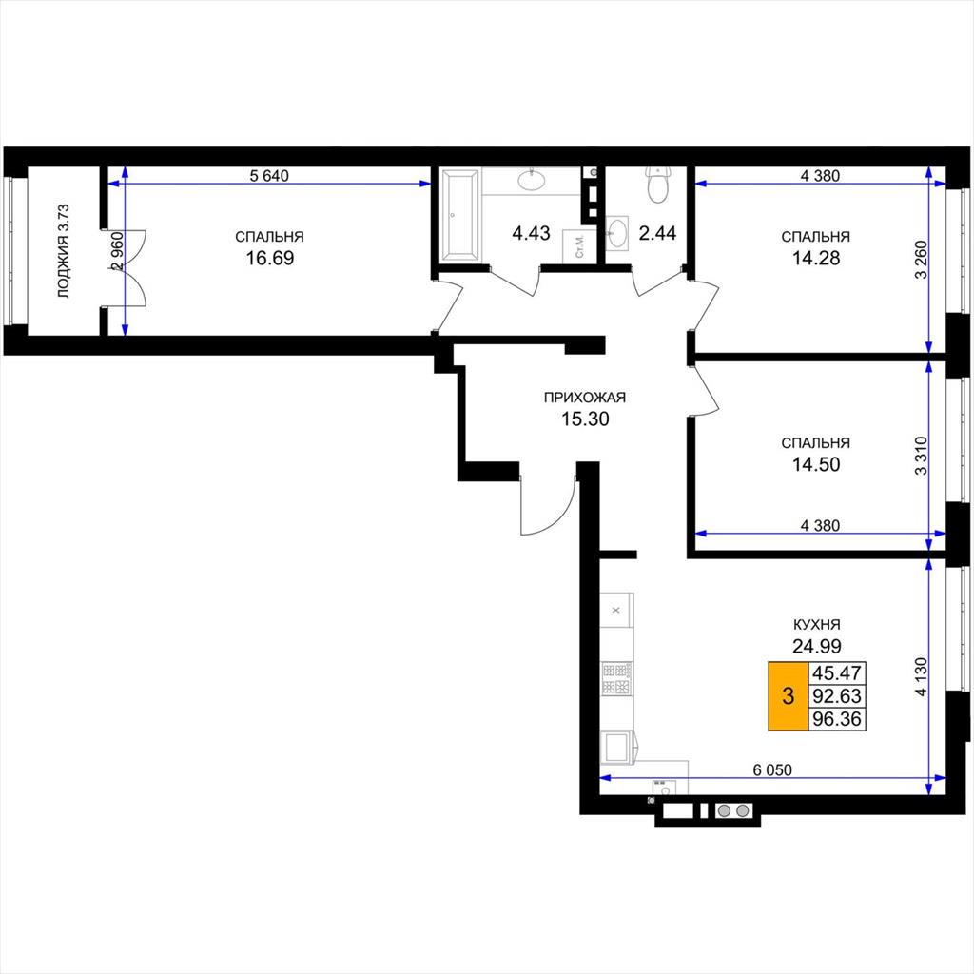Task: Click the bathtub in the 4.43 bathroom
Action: click(460, 214)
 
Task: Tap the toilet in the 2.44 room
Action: click(656, 185)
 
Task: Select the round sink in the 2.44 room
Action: click(616, 233)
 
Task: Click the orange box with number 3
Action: click(788, 695)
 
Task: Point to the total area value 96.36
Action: click(837, 719)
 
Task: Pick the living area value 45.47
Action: click(837, 672)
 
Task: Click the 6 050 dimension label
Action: click(772, 770)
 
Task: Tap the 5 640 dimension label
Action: click(269, 176)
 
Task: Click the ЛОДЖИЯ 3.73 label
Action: click(64, 251)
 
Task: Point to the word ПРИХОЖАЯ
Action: click(585, 398)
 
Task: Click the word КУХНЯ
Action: click(816, 625)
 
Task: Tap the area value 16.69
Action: click(269, 258)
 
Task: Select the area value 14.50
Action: click(816, 464)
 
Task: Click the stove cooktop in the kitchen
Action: click(616, 678)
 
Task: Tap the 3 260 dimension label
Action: click(921, 260)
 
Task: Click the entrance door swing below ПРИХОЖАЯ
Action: click(547, 502)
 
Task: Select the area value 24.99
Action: click(816, 647)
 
